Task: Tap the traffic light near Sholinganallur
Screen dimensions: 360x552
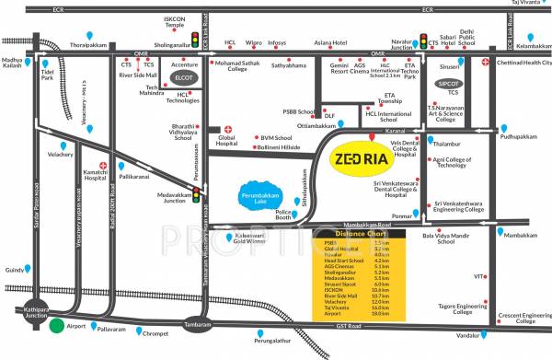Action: coord(195,41)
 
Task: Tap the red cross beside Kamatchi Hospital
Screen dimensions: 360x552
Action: coord(103,167)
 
